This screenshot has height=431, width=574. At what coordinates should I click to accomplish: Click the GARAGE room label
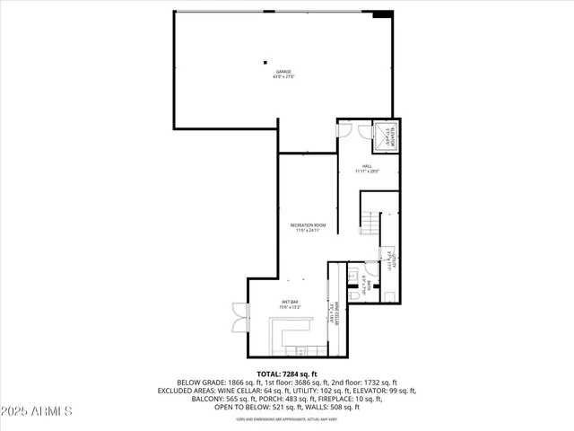pos(283,72)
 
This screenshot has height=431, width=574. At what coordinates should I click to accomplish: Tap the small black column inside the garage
pos(265,62)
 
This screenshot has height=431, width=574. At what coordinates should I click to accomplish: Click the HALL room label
pos(367,166)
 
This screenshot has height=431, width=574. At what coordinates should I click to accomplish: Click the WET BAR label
pos(290,302)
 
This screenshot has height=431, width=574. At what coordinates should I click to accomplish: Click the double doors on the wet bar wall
pos(238,317)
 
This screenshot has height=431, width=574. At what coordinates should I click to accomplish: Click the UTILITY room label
pos(393,260)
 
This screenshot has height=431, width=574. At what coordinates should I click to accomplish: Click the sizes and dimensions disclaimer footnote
pos(286,418)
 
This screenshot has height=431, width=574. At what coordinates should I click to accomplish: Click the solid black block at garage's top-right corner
pos(382,14)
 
